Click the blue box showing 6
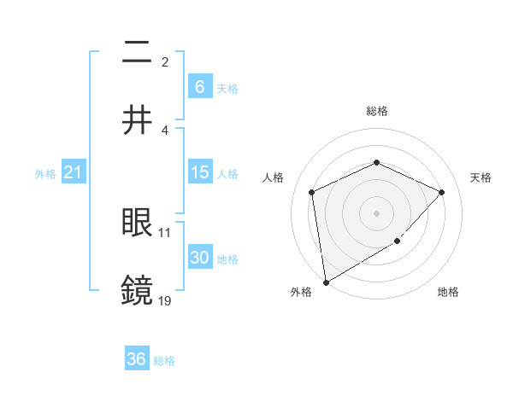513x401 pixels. click(199, 86)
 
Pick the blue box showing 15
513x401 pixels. click(199, 172)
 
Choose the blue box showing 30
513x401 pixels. click(199, 258)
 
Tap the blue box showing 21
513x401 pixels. click(74, 172)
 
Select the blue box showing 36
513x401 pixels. click(137, 359)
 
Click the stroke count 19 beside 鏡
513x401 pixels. click(165, 300)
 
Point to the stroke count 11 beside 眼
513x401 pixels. click(165, 232)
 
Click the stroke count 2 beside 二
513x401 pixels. click(165, 61)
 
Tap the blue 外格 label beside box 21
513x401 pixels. click(45, 173)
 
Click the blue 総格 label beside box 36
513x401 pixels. click(164, 360)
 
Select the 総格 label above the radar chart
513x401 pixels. click(376, 111)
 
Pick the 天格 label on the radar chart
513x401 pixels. click(481, 177)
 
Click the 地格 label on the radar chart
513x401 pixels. click(448, 292)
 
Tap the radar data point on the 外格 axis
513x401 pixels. click(326, 282)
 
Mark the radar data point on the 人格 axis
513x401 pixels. click(312, 192)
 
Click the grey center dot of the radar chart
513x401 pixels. click(376, 212)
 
